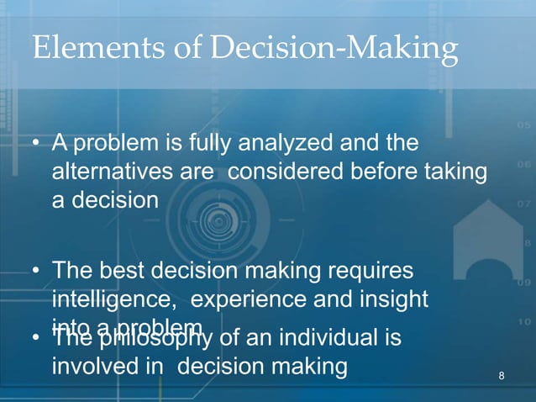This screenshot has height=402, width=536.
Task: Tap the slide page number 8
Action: (x=502, y=374)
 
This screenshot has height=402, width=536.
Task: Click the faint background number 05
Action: (x=522, y=126)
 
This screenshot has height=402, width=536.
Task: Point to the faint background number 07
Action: (x=522, y=204)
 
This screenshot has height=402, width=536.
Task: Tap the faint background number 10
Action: (x=522, y=322)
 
